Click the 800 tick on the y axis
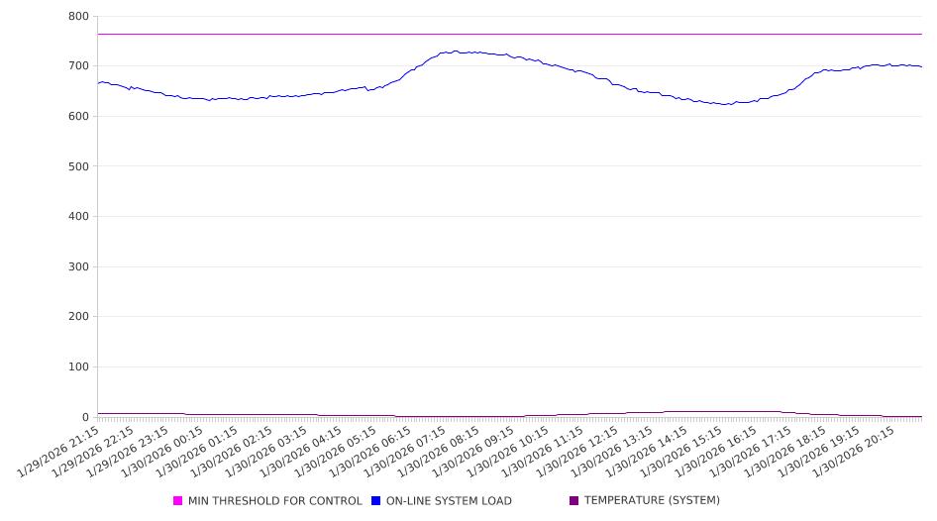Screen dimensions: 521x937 click(x=79, y=17)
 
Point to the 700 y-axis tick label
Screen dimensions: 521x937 click(x=79, y=66)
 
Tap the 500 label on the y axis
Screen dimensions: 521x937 click(x=79, y=166)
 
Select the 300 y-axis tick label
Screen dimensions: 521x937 click(x=79, y=266)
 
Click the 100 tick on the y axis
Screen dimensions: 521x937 click(x=79, y=367)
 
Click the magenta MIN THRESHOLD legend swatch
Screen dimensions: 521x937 click(x=178, y=501)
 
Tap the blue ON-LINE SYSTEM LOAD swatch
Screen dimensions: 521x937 click(x=376, y=501)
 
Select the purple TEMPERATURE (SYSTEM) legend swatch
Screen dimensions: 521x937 click(x=574, y=501)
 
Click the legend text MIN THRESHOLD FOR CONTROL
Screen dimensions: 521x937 click(x=274, y=501)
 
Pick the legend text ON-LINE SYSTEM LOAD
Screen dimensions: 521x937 click(x=449, y=501)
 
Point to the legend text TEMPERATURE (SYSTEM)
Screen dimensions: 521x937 click(x=652, y=501)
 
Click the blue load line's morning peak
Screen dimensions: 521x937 click(x=455, y=52)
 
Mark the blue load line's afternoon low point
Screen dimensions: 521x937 click(x=726, y=104)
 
